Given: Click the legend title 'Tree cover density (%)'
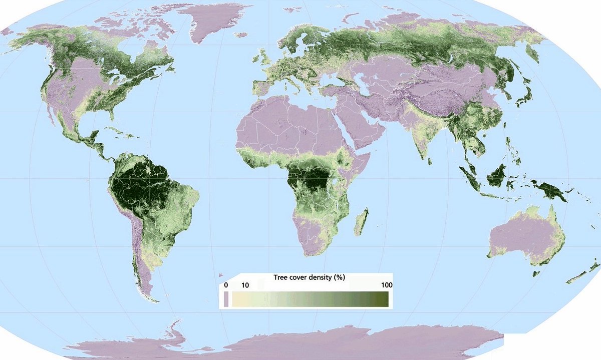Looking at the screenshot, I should [309, 277].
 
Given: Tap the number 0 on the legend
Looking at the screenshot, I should [226, 285].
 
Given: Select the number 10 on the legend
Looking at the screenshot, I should [245, 285].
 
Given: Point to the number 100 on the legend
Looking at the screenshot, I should [386, 285].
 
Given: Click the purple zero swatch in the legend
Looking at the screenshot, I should [226, 299].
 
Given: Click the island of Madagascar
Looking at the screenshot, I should [362, 222].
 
